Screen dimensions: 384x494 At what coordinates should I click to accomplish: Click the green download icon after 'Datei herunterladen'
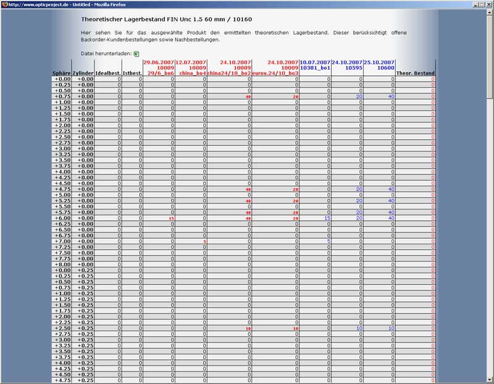point(136,54)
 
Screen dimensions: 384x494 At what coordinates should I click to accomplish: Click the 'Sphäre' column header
point(62,74)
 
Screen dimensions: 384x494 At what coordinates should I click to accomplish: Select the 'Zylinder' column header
point(83,74)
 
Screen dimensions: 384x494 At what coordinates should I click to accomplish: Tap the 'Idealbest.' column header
point(108,74)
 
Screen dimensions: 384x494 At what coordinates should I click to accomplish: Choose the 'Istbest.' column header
point(132,74)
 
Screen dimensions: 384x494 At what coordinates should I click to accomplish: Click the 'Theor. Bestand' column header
point(416,74)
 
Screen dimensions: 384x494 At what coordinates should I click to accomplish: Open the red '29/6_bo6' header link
point(161,74)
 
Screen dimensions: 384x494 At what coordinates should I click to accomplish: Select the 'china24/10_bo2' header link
point(229,74)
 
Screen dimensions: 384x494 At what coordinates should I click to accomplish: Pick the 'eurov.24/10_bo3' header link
point(275,74)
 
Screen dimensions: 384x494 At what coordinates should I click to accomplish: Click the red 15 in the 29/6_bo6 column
point(172,218)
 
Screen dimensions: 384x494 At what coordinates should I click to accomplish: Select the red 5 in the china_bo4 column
point(204,241)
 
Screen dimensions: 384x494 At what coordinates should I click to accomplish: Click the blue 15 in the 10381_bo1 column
point(327,218)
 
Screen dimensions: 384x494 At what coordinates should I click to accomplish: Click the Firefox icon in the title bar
point(4,4)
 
